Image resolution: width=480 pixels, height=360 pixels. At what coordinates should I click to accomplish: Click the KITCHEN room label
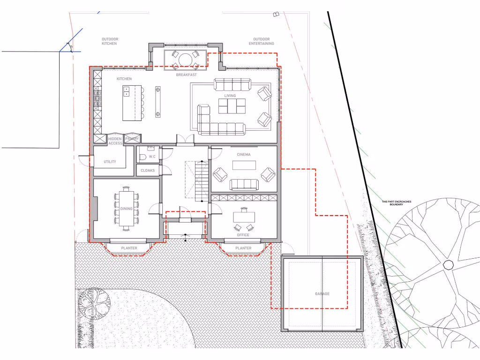[x=124, y=79]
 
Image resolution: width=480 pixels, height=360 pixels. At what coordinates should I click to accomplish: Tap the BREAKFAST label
[x=186, y=75]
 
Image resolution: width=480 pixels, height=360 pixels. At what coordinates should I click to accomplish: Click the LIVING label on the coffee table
[x=230, y=96]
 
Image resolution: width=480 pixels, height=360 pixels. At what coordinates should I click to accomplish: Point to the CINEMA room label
[x=244, y=154]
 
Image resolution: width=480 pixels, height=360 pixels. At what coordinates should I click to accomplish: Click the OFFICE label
[x=243, y=235]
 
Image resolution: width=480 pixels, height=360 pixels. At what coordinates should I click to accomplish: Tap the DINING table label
[x=127, y=208]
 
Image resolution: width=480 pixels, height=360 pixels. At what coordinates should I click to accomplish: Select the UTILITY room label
[x=110, y=162]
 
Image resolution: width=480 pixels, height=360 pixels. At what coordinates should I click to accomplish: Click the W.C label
[x=152, y=157]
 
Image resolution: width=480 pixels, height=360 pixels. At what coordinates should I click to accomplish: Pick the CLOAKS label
[x=148, y=171]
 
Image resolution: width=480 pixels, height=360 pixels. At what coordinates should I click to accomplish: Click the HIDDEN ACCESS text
[x=115, y=141]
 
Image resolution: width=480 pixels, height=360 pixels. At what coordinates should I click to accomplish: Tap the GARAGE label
[x=322, y=294]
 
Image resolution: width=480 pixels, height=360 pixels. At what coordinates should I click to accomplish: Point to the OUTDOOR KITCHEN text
[x=109, y=41]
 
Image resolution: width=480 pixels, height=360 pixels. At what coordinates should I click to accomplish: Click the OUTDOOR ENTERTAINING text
[x=262, y=41]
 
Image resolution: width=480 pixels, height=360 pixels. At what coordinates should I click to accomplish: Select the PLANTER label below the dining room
[x=129, y=248]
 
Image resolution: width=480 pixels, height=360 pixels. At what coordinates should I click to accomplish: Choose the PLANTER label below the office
[x=243, y=248]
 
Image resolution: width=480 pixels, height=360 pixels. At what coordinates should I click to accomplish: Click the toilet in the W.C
[x=142, y=157]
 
